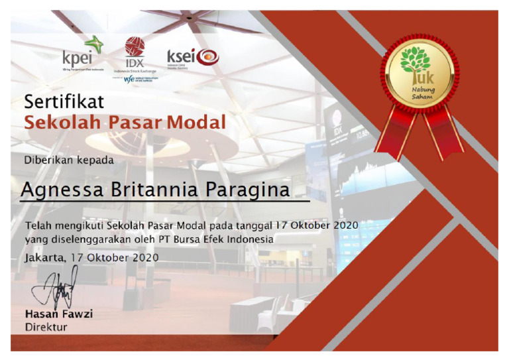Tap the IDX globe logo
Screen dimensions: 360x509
point(135,46)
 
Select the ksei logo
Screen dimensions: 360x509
point(192,57)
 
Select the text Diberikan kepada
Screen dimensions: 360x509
point(69,160)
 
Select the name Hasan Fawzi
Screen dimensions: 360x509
point(59,314)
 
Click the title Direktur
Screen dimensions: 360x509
point(46,327)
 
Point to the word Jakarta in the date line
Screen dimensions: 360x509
point(45,257)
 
